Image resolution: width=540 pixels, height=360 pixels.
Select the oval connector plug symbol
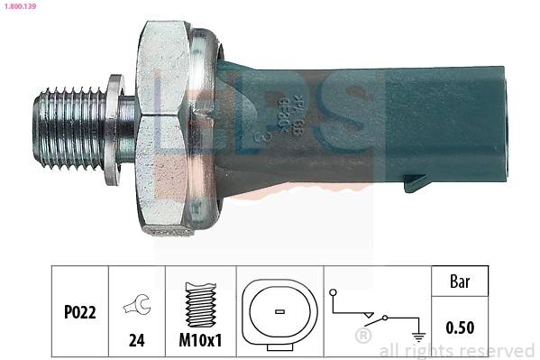point(279,311)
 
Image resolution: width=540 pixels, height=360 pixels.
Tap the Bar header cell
point(460,281)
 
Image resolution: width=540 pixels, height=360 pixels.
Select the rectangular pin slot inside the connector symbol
point(279,312)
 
